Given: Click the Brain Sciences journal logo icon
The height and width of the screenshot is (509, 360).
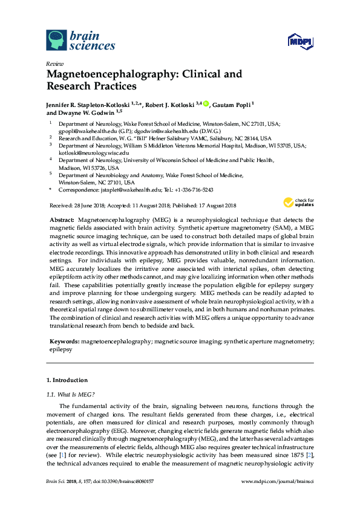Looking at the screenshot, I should click(56, 40).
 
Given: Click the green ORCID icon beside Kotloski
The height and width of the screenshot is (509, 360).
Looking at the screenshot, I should click(206, 104).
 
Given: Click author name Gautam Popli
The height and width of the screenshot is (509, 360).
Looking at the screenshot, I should click(232, 105).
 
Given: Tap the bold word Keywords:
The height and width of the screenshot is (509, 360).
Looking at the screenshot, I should click(64, 342).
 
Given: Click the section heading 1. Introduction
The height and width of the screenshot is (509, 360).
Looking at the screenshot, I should click(67, 380).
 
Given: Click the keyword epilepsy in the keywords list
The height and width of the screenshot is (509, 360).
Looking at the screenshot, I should click(61, 349).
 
